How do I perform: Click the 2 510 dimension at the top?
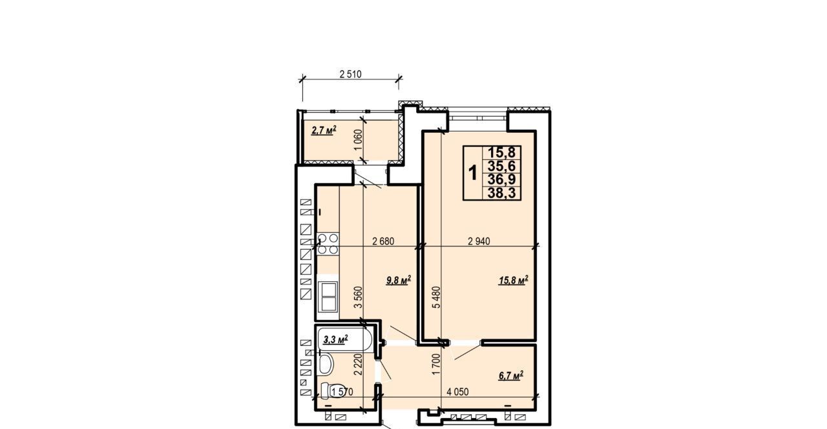point(350,74)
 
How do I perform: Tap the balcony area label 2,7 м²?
point(324,130)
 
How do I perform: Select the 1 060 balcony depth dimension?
point(358,140)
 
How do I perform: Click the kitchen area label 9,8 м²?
point(399,281)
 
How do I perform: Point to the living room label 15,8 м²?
point(514,280)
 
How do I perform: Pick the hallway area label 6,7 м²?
point(511,375)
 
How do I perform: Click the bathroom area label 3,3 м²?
point(335,339)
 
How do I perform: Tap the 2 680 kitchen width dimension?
point(383,241)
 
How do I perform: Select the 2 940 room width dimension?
point(479,241)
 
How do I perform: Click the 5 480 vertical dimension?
point(436,297)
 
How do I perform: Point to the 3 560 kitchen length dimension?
point(358,297)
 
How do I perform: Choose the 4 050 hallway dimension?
point(458,392)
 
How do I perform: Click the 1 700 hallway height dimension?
point(436,364)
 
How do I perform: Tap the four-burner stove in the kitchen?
point(328,244)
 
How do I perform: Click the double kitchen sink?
point(328,297)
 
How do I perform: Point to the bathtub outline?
point(345,339)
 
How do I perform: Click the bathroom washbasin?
point(325,364)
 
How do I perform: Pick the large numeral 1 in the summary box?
point(472,173)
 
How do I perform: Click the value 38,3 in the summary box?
point(502,193)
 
